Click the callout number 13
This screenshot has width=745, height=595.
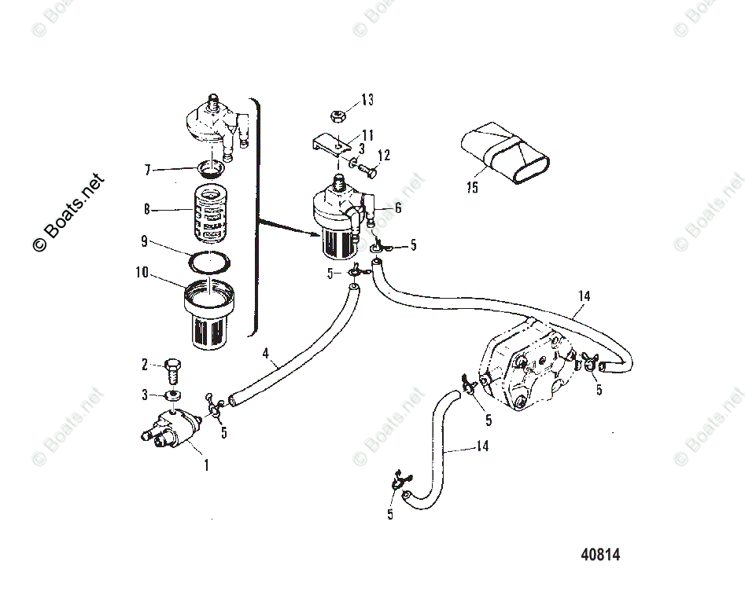click(367, 100)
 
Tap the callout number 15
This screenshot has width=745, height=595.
click(470, 187)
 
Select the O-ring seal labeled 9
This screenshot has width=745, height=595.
click(210, 262)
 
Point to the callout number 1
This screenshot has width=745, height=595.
click(207, 465)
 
